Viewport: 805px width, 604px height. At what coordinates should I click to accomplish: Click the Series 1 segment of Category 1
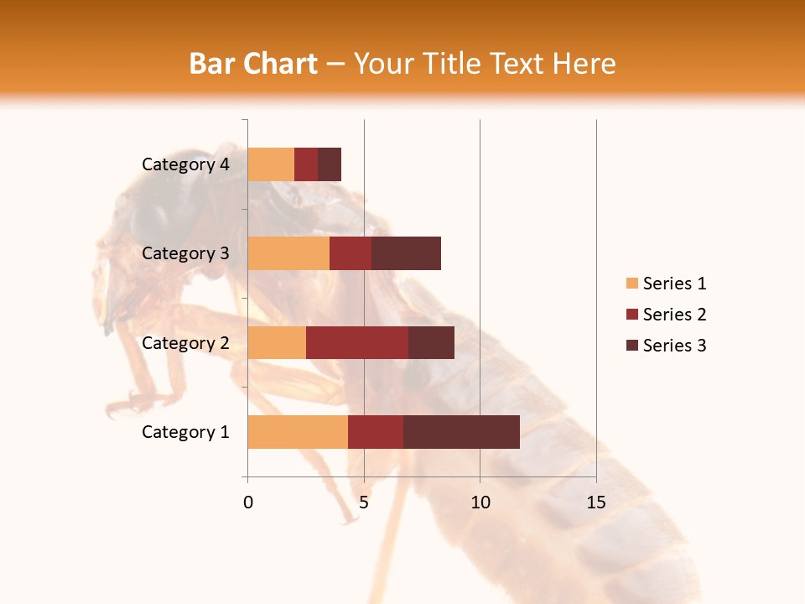point(298,432)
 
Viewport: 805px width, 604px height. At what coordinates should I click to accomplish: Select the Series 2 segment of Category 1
point(376,432)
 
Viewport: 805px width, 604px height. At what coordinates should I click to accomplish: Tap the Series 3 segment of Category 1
point(461,432)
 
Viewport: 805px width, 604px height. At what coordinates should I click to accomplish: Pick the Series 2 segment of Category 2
point(357,342)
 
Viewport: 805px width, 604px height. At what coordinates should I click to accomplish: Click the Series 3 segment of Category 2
point(431,342)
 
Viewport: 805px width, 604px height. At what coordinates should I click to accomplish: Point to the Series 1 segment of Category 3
point(288,253)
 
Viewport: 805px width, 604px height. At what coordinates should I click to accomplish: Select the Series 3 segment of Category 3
point(406,253)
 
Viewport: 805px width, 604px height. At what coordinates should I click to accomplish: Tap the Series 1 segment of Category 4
point(271,164)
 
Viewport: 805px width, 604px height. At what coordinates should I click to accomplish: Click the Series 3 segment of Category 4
point(330,164)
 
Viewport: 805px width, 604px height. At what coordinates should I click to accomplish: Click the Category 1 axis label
point(185,432)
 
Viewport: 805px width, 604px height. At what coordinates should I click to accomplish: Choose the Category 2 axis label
point(185,342)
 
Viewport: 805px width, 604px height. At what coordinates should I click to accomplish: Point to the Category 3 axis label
point(185,253)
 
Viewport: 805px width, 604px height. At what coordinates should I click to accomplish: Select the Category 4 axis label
point(185,164)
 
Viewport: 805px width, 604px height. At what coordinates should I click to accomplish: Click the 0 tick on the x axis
point(248,502)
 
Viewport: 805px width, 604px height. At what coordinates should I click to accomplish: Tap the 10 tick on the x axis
point(480,502)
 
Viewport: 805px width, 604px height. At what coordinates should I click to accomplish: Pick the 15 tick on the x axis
point(595,502)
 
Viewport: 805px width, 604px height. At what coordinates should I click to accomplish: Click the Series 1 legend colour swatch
point(631,284)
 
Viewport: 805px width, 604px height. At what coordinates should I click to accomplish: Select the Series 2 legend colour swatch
point(631,315)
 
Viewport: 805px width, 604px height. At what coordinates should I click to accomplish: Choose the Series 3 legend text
point(674,346)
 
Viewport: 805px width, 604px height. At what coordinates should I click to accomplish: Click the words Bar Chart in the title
point(252,64)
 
